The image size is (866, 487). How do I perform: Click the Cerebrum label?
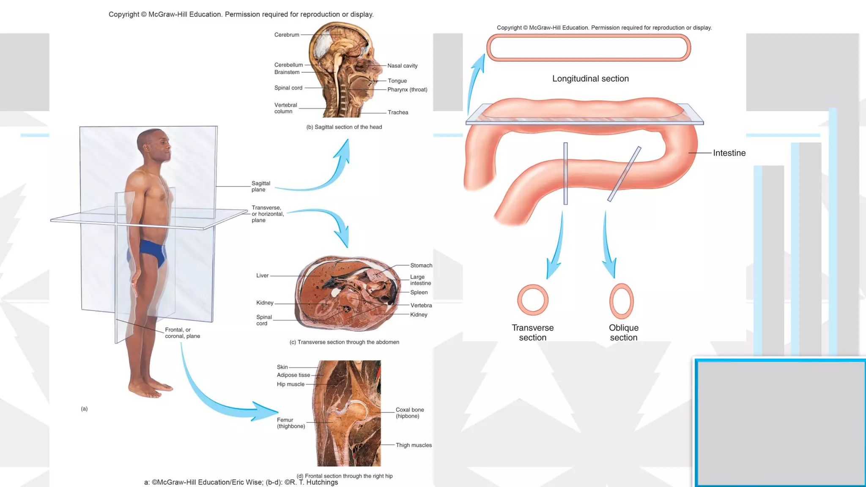click(x=286, y=35)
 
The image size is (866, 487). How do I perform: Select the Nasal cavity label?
click(x=402, y=66)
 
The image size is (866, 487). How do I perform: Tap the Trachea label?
click(x=398, y=112)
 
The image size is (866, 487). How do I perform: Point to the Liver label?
click(x=262, y=276)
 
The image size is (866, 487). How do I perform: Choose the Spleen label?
click(x=419, y=293)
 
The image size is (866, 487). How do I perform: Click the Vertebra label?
click(x=421, y=305)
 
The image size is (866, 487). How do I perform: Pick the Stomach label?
click(x=421, y=265)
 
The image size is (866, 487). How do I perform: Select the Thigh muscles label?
click(x=414, y=445)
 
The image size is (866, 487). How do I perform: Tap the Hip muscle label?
click(x=290, y=384)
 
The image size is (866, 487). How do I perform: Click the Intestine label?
click(x=729, y=153)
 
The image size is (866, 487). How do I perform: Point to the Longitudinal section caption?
click(x=590, y=79)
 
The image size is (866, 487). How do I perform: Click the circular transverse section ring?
click(x=533, y=300)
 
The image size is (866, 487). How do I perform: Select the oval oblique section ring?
click(x=621, y=301)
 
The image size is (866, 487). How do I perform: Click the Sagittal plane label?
click(x=260, y=186)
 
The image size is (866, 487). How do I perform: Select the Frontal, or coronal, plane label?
click(x=182, y=333)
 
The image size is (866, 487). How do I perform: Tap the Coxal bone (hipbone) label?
click(x=409, y=413)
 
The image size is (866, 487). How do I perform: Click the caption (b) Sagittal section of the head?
click(x=344, y=127)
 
